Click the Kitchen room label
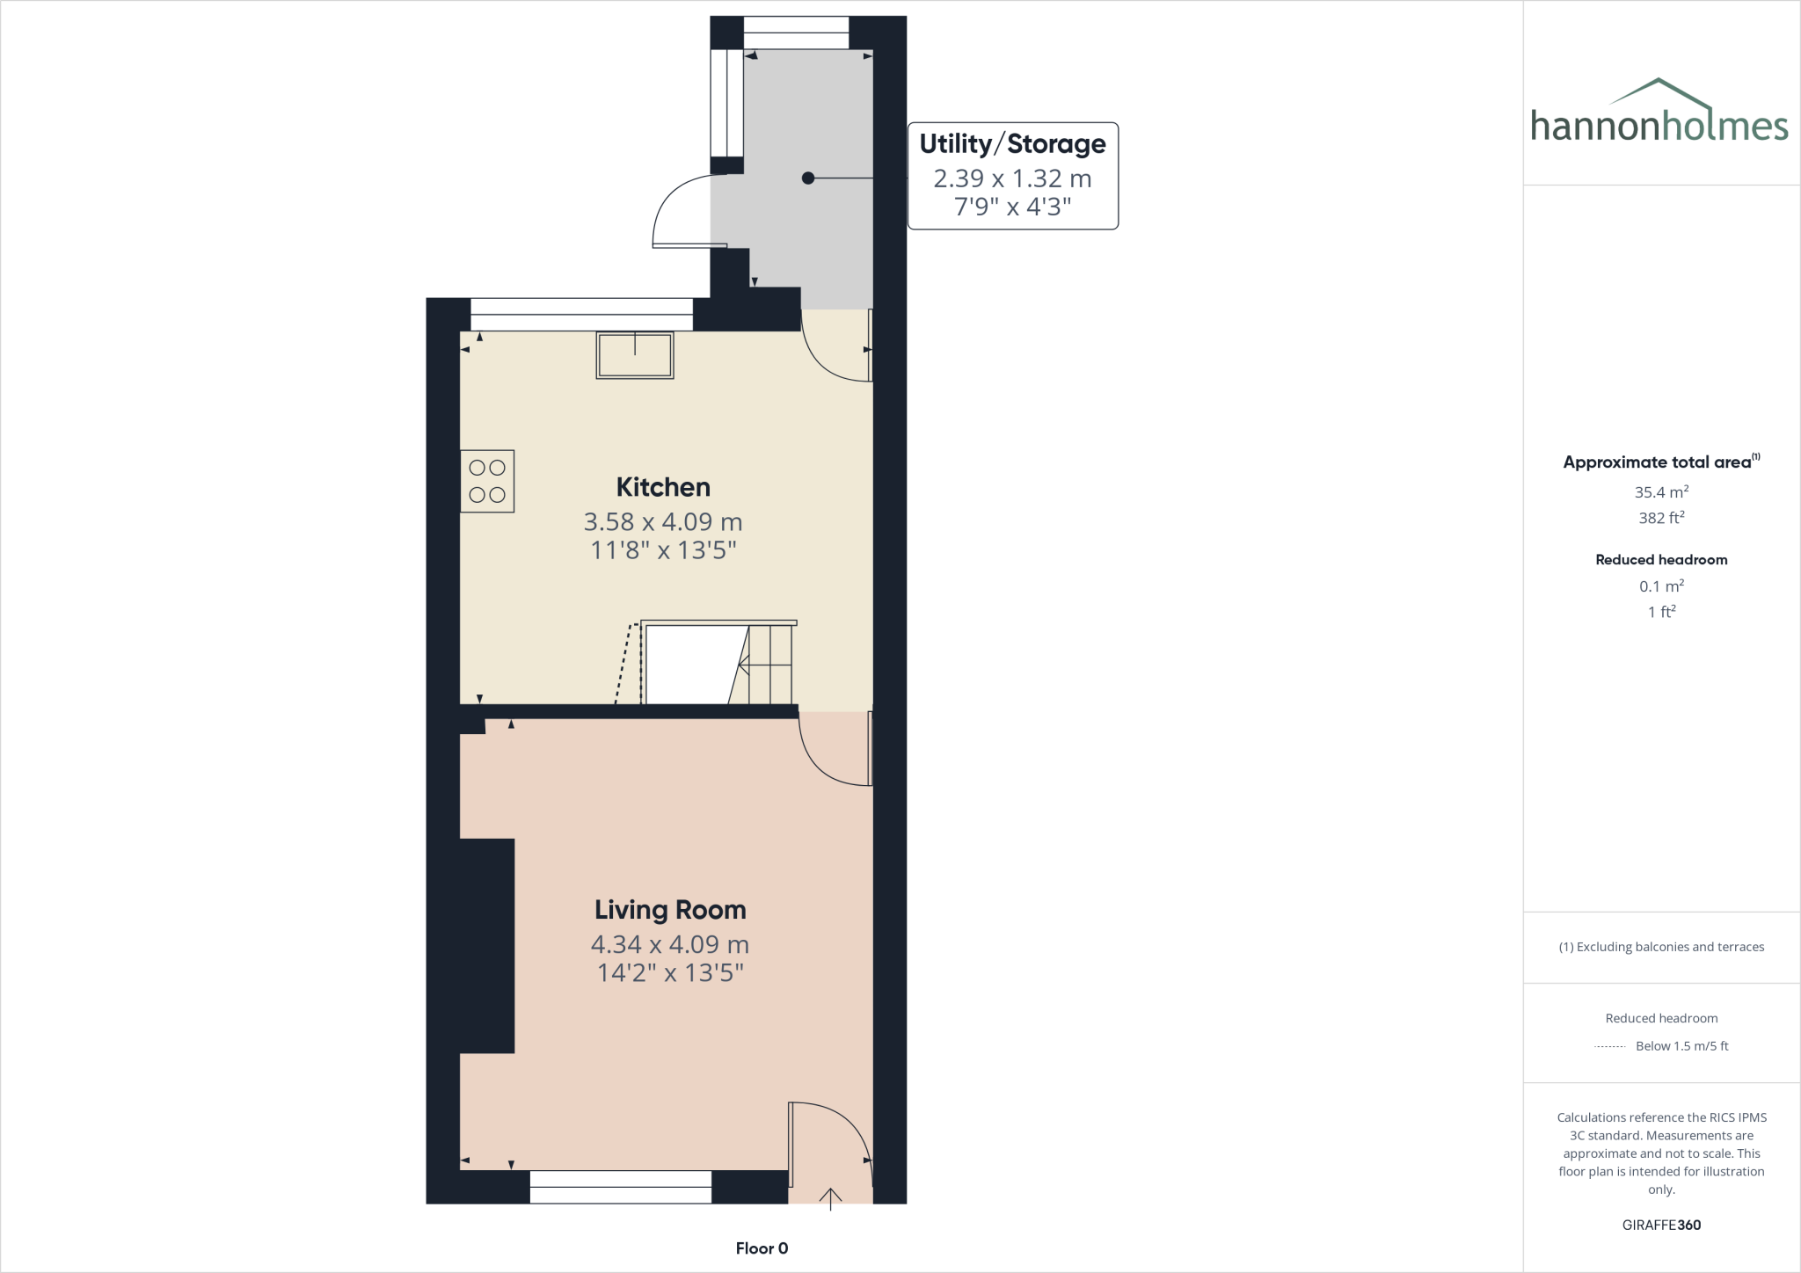[662, 487]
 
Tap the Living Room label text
[670, 910]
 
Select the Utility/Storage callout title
[1012, 144]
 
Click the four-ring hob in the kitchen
[487, 481]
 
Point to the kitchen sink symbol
[635, 355]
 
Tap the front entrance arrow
[830, 1198]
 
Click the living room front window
[621, 1187]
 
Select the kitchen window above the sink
[581, 315]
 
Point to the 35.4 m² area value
[1661, 492]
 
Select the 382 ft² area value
[1661, 518]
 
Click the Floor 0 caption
[762, 1248]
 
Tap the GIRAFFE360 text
[1661, 1225]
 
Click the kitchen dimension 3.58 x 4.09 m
[662, 522]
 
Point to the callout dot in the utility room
[808, 178]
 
